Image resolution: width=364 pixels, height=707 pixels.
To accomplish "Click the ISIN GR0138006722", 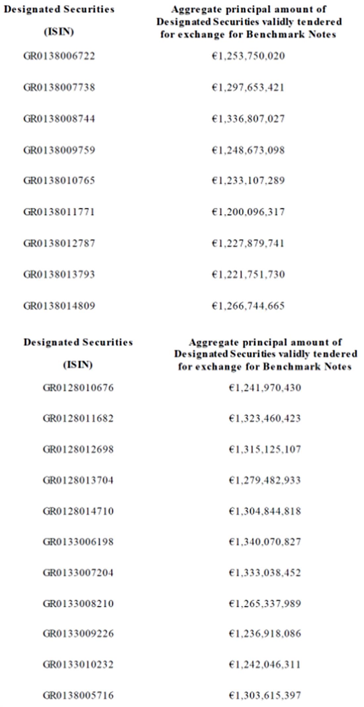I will (59, 56).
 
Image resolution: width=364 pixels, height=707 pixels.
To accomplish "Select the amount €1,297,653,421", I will (248, 87).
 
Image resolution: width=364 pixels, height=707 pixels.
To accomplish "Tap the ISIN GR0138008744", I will (59, 119).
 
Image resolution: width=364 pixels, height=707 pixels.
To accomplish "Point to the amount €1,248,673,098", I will (248, 150).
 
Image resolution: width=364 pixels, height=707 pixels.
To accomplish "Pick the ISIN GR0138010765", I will (59, 181).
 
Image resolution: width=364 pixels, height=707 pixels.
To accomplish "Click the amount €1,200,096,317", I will (248, 212).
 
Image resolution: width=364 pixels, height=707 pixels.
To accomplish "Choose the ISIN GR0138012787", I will (59, 244).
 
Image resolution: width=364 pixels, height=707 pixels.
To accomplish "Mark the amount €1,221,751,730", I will (248, 275).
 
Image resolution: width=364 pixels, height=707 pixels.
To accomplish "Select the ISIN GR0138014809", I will (59, 306).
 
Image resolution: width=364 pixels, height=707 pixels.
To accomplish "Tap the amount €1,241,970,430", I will (265, 388).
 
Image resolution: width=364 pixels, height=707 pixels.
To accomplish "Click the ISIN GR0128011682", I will (78, 418).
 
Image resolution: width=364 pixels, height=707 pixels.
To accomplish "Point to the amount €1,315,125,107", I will (265, 450).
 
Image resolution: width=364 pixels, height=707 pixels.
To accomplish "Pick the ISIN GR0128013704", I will (78, 480).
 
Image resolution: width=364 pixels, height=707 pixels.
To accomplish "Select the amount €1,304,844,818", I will (265, 511).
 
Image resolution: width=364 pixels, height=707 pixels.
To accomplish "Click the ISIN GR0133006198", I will (78, 542).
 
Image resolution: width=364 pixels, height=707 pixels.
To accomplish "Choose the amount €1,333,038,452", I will (265, 573).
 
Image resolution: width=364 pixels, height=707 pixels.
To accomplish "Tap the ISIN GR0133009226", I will (78, 634).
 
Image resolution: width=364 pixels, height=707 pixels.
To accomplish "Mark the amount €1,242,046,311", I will (265, 665).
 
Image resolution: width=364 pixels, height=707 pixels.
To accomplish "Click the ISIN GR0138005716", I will (78, 695).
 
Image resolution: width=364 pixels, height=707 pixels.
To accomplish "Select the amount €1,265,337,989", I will (265, 603).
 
